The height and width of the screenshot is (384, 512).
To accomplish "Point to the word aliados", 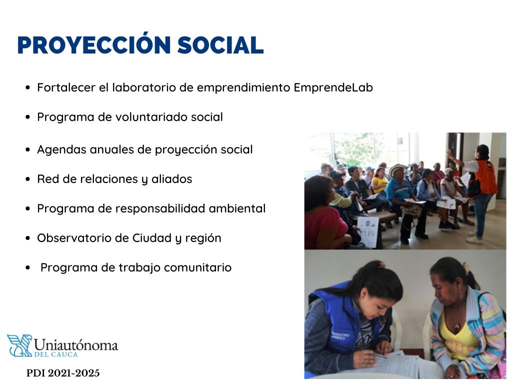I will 172,179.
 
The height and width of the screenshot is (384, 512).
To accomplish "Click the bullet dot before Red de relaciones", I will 28,179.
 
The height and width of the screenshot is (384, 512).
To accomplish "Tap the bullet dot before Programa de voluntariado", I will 28,117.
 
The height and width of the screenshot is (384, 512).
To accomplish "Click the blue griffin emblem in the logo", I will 19,345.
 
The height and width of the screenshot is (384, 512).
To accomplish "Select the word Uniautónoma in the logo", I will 76,344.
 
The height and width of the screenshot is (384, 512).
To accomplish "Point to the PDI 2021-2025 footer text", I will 63,373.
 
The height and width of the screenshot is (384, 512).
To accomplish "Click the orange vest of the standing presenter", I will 485,177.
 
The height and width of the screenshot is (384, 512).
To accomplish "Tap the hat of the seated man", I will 398,169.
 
